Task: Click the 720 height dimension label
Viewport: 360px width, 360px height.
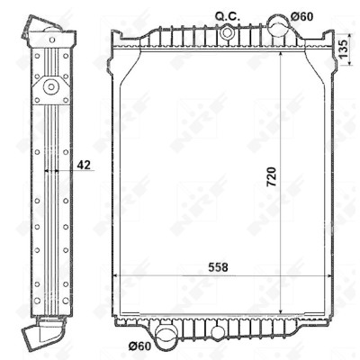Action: (271, 177)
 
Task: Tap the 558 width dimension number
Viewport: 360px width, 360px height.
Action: (218, 267)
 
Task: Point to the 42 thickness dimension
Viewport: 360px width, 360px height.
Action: (84, 165)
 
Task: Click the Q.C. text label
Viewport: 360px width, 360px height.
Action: (228, 17)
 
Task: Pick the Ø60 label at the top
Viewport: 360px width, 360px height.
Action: (301, 17)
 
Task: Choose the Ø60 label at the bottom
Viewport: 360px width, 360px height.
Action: (139, 346)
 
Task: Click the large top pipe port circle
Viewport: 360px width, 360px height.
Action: (278, 25)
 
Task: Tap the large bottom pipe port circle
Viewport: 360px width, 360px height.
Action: (166, 335)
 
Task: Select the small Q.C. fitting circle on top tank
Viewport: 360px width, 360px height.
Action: (227, 32)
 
